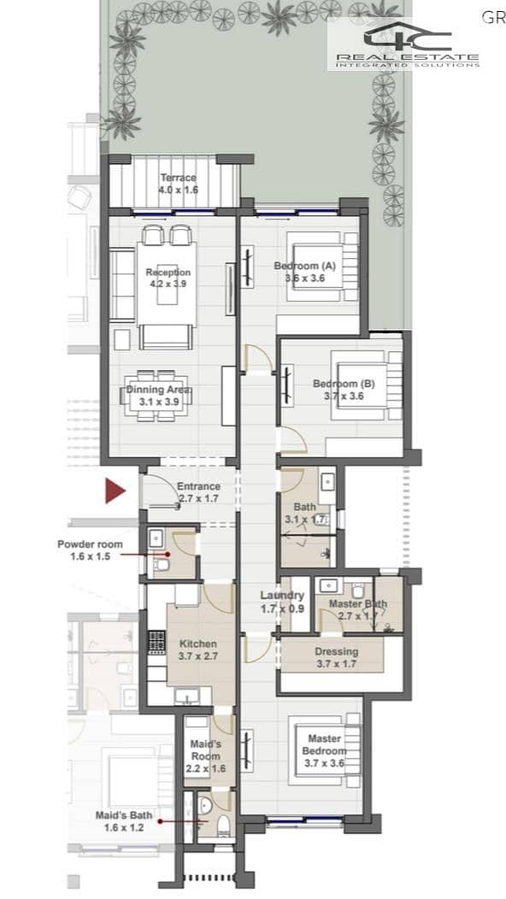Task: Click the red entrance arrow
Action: (x=115, y=491)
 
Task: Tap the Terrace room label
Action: (x=179, y=184)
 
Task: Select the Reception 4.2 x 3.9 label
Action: (x=168, y=278)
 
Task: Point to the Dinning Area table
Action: (x=158, y=396)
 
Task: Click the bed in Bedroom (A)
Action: (x=319, y=266)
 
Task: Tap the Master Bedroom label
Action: (x=325, y=750)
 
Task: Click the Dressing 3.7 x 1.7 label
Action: (x=336, y=658)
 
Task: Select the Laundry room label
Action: (x=282, y=600)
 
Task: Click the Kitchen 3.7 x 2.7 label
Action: (x=198, y=649)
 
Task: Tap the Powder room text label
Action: (x=90, y=549)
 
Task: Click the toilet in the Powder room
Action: (x=162, y=567)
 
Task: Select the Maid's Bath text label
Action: (x=124, y=820)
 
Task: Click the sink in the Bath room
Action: (x=327, y=482)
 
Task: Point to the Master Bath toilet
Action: (x=359, y=590)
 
